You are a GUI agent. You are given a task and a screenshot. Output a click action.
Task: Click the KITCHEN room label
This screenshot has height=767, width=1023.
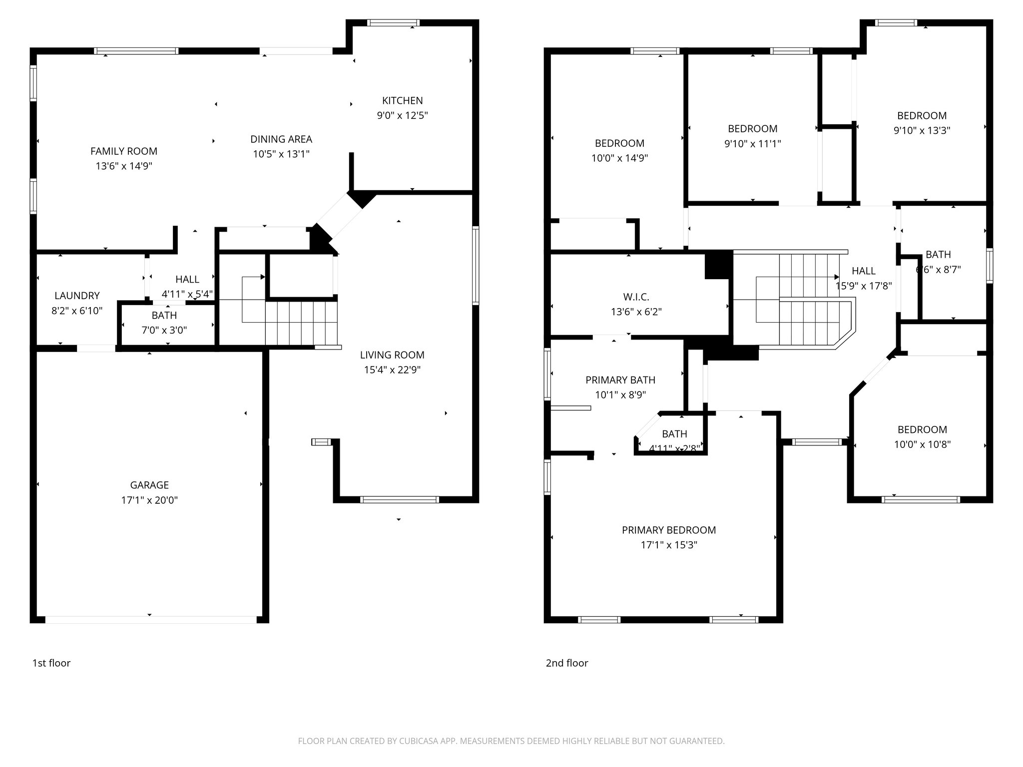[x=402, y=100]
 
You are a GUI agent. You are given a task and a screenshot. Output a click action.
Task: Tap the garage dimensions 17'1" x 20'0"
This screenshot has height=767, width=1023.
[x=149, y=500]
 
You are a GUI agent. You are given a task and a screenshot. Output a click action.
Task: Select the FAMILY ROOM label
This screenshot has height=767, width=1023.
[x=124, y=151]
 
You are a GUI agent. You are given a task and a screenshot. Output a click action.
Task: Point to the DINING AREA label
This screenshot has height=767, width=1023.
[x=281, y=139]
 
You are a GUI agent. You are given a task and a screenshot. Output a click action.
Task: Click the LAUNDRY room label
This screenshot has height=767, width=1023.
[x=77, y=295]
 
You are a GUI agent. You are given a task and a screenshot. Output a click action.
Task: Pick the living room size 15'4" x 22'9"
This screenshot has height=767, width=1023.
[x=392, y=370]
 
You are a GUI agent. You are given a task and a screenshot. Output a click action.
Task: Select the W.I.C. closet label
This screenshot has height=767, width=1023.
[x=636, y=297]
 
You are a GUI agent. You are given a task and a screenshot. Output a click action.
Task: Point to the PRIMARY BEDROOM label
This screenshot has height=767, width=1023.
[x=669, y=530]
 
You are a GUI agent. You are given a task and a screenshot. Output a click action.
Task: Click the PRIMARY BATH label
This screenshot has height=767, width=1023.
[x=620, y=380]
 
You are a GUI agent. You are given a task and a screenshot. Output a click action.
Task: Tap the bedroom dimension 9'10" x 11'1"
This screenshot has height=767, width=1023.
[x=752, y=144]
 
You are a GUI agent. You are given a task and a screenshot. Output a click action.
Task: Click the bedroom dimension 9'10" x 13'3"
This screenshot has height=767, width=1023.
[x=922, y=130]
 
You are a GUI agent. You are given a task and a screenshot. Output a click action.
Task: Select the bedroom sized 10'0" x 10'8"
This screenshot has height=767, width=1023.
[x=922, y=444]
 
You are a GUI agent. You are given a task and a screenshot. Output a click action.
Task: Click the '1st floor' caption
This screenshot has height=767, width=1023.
[x=51, y=663]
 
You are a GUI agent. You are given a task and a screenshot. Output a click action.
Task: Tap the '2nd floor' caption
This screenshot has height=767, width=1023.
[x=566, y=663]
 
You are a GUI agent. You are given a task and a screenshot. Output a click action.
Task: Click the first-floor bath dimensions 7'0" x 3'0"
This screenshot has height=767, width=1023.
[x=164, y=330]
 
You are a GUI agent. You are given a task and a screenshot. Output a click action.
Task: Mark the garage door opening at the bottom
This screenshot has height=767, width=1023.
[x=150, y=620]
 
